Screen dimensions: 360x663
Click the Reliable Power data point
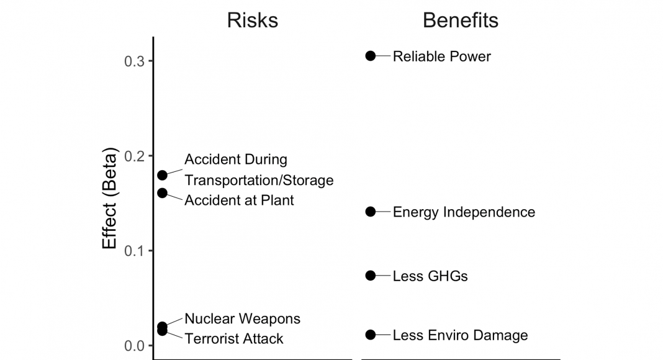371,56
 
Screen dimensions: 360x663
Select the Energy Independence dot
371,212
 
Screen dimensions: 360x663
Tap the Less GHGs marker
371,276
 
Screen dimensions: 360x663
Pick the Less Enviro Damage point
371,335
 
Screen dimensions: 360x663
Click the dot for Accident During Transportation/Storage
162,175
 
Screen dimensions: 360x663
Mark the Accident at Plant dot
162,193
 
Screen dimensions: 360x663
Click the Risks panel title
252,20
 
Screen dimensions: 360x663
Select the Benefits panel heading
460,20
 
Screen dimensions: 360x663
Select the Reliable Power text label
441,56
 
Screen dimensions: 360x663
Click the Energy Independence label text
464,212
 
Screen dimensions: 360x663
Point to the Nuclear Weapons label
242,319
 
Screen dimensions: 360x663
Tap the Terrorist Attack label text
233,339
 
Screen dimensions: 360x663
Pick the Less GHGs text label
430,276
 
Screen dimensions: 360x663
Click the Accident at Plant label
239,200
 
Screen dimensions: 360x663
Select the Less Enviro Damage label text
460,336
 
